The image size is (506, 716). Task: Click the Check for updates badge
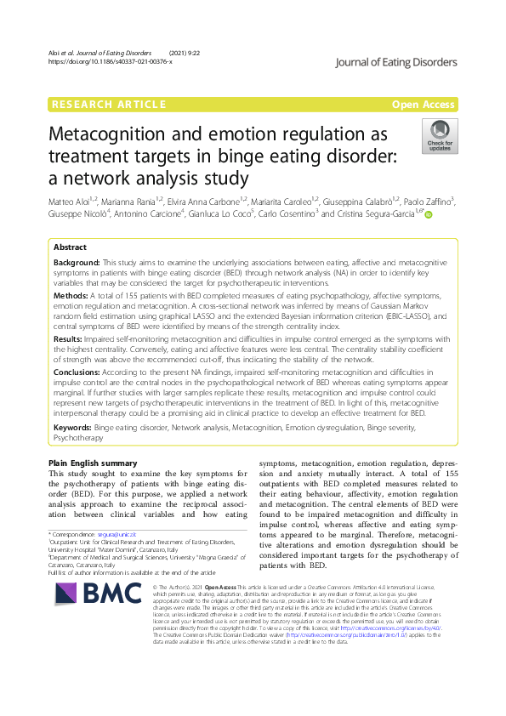439,136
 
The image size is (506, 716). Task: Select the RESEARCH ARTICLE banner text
109,105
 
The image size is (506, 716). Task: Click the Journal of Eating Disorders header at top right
396,61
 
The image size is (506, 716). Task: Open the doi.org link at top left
110,61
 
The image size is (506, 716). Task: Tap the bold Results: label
71,337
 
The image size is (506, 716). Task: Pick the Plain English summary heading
94,463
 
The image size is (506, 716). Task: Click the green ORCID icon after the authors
429,215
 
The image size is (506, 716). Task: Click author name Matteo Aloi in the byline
70,201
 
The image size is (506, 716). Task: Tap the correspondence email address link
117,531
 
